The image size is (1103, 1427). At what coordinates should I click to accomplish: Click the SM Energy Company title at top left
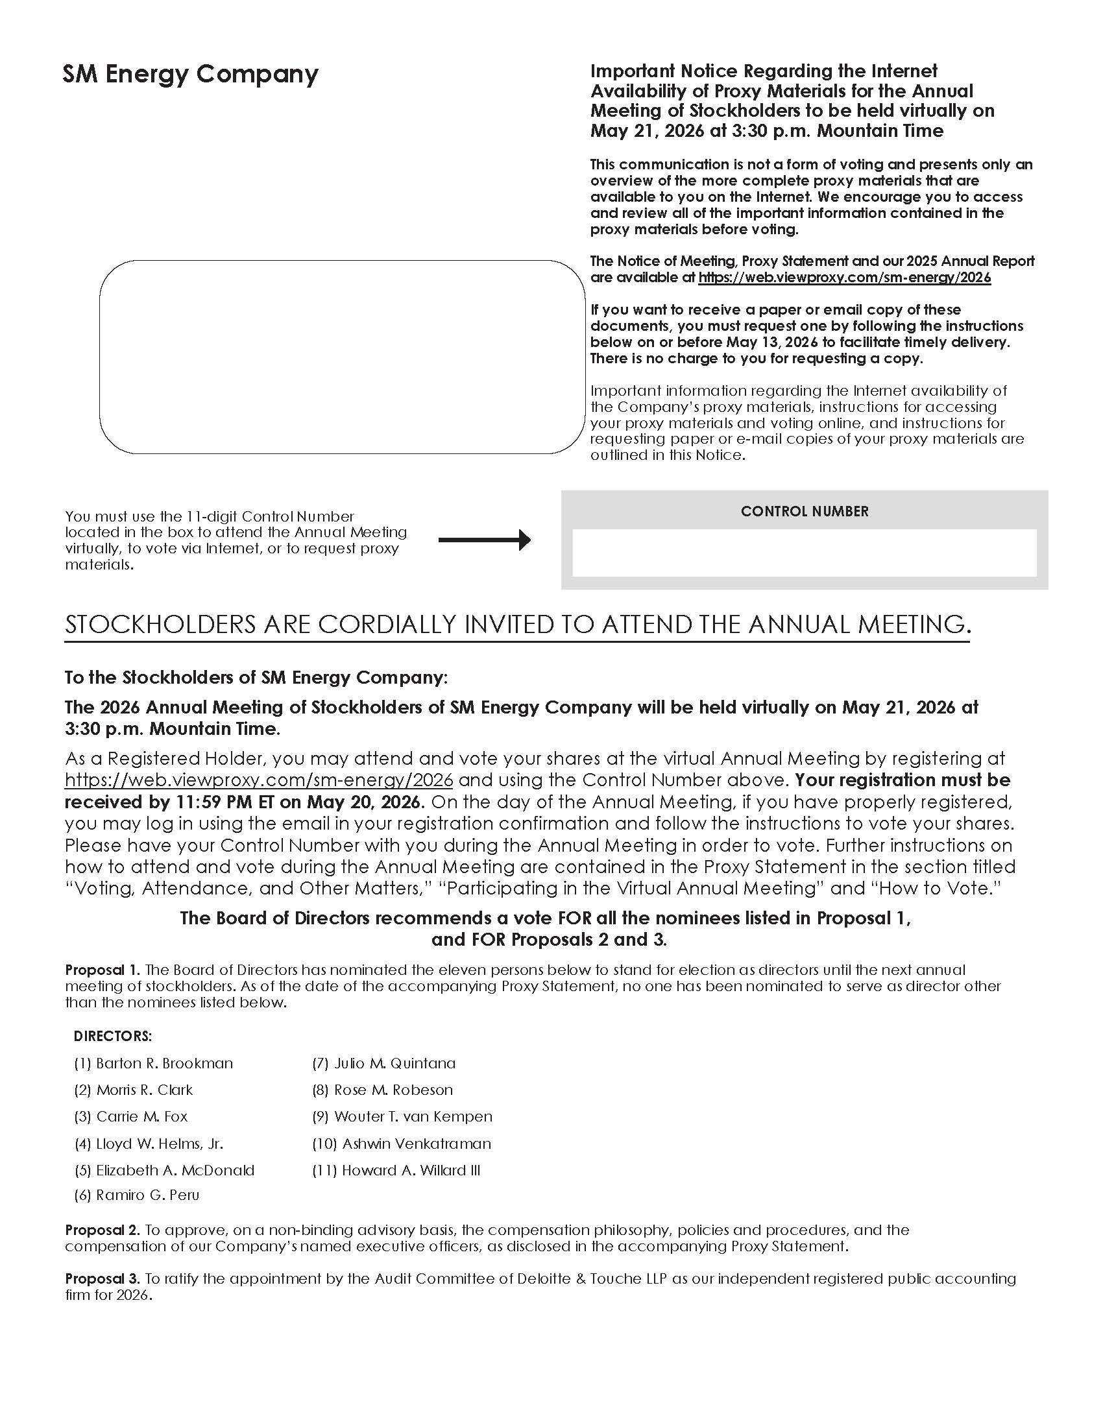(x=190, y=75)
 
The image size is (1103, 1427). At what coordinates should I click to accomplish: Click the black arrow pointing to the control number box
(x=484, y=540)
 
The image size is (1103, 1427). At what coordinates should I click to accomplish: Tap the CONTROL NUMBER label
(x=805, y=512)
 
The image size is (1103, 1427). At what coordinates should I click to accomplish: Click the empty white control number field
(x=805, y=553)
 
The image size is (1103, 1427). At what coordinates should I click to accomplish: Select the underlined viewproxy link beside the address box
(x=844, y=278)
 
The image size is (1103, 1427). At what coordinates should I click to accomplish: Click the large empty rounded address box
(x=342, y=357)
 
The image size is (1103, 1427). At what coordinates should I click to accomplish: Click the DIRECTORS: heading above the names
(x=112, y=1037)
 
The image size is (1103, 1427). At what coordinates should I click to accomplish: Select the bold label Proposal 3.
(x=102, y=1278)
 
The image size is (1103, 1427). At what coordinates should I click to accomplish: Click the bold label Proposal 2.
(x=102, y=1230)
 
